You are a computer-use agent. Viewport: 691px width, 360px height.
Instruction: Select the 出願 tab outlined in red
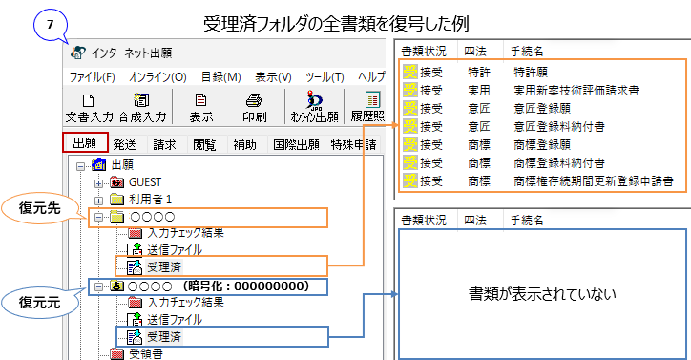[86, 144]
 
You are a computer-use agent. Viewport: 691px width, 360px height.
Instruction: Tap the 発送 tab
[124, 145]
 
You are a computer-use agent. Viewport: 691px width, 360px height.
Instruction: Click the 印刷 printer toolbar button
[254, 107]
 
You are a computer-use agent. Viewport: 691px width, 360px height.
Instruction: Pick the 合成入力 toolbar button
[142, 107]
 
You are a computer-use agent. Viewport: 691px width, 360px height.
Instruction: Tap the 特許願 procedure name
[532, 70]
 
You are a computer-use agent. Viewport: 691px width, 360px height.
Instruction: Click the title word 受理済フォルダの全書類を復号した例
[342, 21]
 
